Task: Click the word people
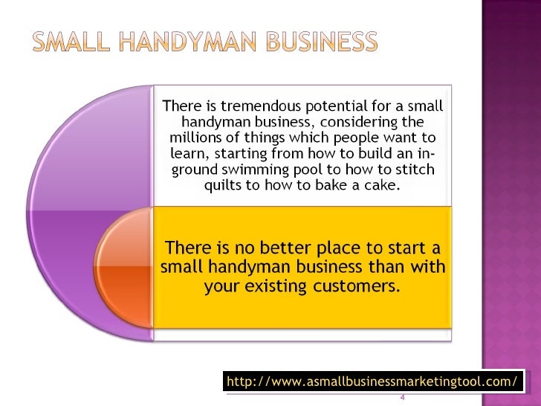pyautogui.click(x=352, y=138)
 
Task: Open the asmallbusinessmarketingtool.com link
pyautogui.click(x=372, y=382)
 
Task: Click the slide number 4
pyautogui.click(x=402, y=396)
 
